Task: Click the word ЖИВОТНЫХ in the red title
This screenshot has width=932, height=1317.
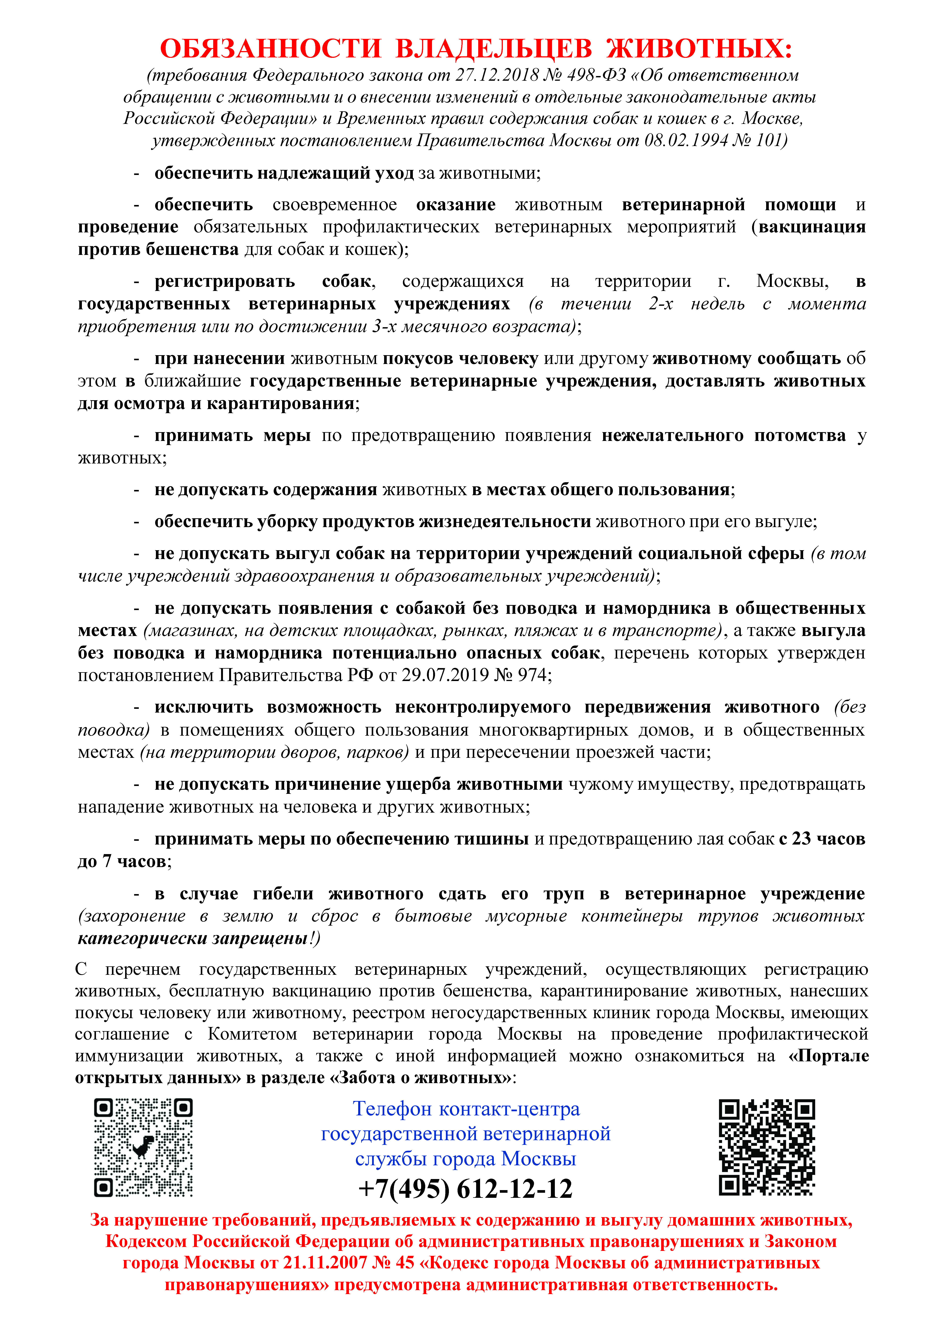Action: [699, 49]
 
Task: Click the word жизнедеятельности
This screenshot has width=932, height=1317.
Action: [505, 521]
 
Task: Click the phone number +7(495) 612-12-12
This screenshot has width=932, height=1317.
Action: [465, 1189]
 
